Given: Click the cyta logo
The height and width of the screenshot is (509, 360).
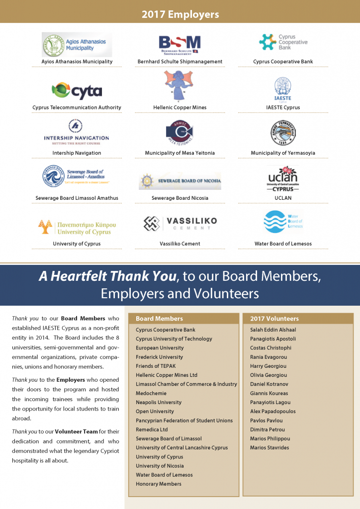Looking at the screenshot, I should click(77, 90).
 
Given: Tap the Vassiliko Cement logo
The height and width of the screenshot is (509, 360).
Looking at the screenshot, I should click(180, 223).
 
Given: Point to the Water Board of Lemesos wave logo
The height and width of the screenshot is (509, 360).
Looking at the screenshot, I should click(283, 222).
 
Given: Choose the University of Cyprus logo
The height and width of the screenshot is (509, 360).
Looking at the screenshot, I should click(75, 227).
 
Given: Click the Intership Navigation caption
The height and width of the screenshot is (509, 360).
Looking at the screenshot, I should click(77, 153).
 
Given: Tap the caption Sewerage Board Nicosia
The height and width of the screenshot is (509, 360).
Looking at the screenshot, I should click(180, 198).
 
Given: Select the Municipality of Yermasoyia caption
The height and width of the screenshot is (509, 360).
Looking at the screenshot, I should click(283, 153).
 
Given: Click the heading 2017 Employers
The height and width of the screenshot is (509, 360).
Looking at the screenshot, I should click(180, 14).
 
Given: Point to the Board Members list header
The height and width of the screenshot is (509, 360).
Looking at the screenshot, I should click(159, 319).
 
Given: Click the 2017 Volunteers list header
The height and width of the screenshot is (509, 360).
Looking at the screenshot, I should click(274, 319).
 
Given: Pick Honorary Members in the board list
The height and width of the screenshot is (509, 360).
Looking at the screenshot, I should click(159, 484).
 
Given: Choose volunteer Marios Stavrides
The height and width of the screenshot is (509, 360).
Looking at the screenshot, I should click(270, 447).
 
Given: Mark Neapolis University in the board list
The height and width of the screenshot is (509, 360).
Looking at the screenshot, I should click(159, 402).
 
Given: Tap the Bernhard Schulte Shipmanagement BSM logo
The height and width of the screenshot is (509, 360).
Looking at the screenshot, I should click(180, 44).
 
